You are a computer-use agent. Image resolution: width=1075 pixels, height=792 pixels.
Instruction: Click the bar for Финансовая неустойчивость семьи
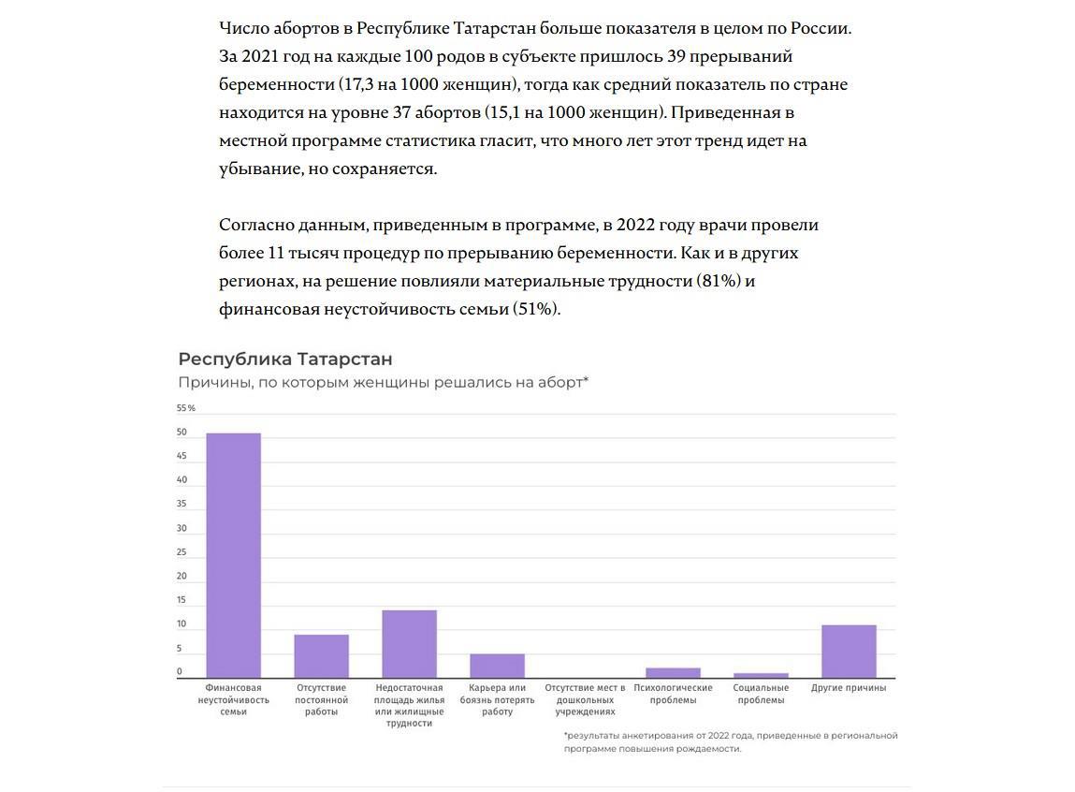pos(233,555)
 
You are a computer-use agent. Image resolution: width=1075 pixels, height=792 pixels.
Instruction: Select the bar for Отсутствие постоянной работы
pos(321,656)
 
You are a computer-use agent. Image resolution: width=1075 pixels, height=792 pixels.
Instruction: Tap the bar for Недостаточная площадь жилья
pos(409,644)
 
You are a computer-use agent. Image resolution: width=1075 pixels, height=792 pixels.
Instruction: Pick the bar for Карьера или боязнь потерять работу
pos(497,666)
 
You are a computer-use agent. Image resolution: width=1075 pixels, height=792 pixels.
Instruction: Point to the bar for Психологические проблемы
pos(673,672)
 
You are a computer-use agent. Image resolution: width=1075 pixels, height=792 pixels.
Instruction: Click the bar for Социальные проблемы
pos(761,675)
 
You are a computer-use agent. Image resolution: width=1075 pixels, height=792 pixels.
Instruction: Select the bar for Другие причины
pos(849,652)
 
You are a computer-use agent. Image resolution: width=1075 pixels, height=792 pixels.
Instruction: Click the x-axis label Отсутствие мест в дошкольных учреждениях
pos(585,699)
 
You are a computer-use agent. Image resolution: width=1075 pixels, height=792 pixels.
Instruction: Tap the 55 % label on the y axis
pos(185,408)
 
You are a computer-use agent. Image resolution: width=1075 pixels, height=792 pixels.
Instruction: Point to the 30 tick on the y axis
pos(182,529)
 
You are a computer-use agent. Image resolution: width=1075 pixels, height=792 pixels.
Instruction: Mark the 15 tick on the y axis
pos(182,600)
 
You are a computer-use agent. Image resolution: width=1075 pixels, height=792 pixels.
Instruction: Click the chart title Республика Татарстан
pos(285,359)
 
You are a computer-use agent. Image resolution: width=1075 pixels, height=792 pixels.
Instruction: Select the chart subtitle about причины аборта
pos(383,382)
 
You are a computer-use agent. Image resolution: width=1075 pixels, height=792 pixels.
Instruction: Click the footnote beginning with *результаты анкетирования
pos(730,741)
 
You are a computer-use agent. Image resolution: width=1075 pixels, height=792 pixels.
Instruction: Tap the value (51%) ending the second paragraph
pos(536,309)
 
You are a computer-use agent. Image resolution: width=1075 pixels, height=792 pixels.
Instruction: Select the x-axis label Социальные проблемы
pos(761,694)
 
